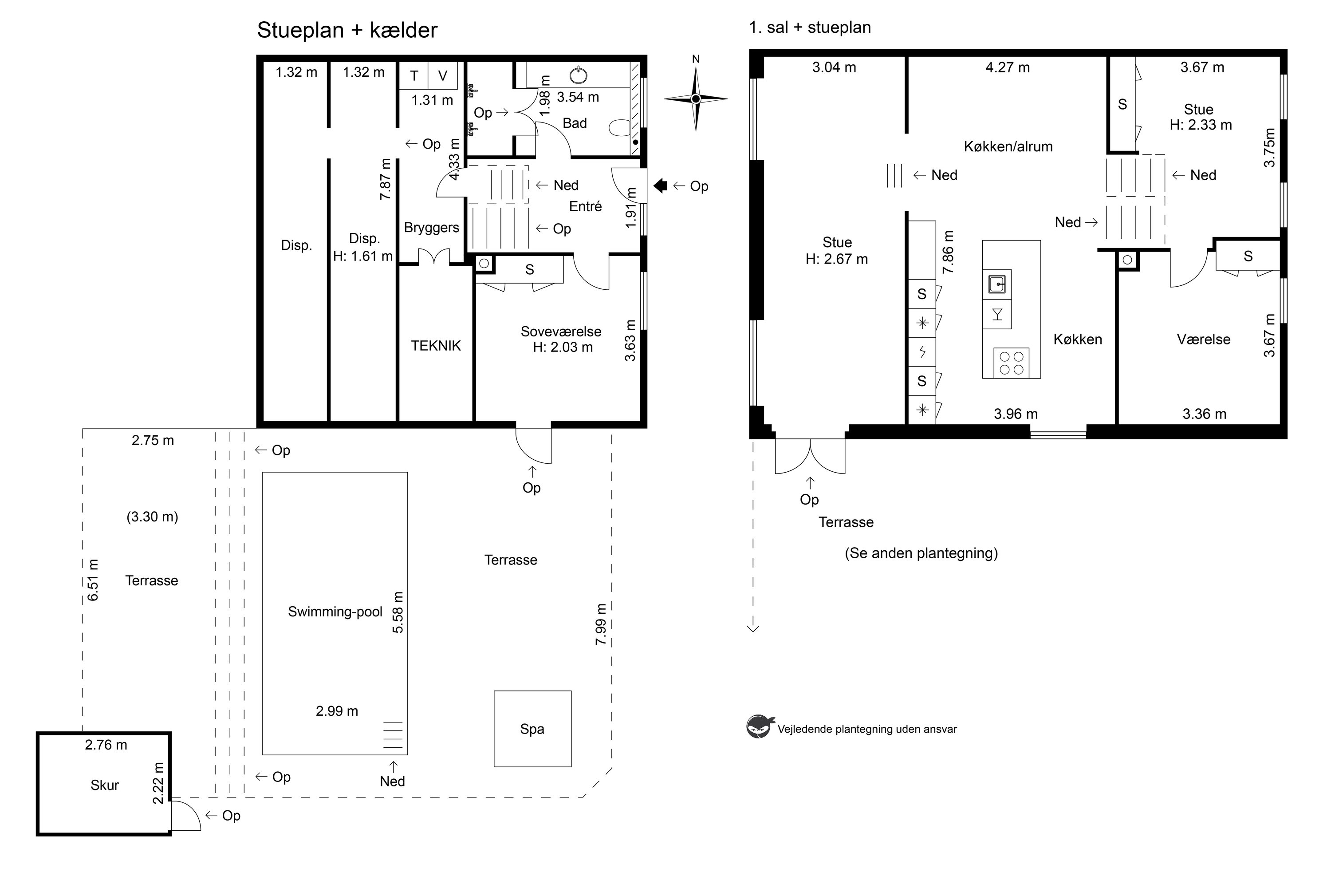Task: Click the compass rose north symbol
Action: pyautogui.click(x=696, y=99)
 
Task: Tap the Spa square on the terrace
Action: pyautogui.click(x=532, y=729)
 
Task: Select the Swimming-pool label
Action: pyautogui.click(x=335, y=612)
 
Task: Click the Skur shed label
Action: pyautogui.click(x=105, y=785)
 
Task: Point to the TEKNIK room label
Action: pyautogui.click(x=436, y=345)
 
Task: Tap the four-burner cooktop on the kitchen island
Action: pyautogui.click(x=1011, y=363)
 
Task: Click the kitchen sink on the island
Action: pyautogui.click(x=997, y=284)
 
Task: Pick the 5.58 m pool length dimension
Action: pyautogui.click(x=398, y=612)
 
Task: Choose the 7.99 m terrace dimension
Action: pyautogui.click(x=601, y=624)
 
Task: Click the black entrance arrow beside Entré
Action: pyautogui.click(x=660, y=186)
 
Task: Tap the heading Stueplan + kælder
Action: pyautogui.click(x=347, y=30)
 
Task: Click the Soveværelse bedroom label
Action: pyautogui.click(x=561, y=332)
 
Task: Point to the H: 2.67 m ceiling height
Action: pyautogui.click(x=837, y=259)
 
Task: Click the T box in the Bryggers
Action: pyautogui.click(x=414, y=75)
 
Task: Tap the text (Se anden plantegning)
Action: pyautogui.click(x=921, y=553)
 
